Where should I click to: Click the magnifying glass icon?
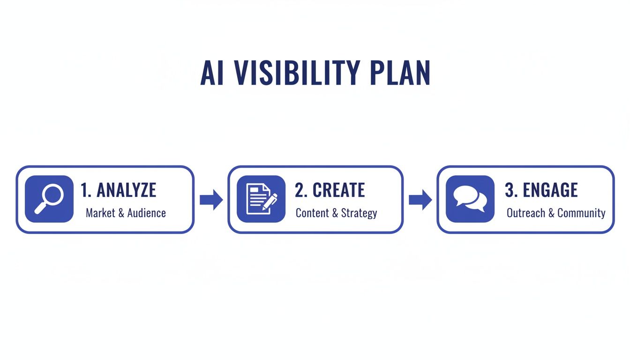tap(49, 199)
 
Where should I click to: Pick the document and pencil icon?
tap(261, 199)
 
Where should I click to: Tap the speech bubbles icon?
tap(470, 199)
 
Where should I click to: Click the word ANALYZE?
tap(126, 190)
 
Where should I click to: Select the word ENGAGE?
tap(550, 190)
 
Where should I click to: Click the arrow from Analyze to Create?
tap(211, 200)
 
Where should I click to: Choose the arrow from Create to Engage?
tap(420, 200)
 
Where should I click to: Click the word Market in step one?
tap(100, 213)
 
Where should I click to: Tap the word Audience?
tap(146, 213)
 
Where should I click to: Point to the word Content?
tap(312, 213)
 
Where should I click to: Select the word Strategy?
tap(359, 213)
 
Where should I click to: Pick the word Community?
tap(581, 213)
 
